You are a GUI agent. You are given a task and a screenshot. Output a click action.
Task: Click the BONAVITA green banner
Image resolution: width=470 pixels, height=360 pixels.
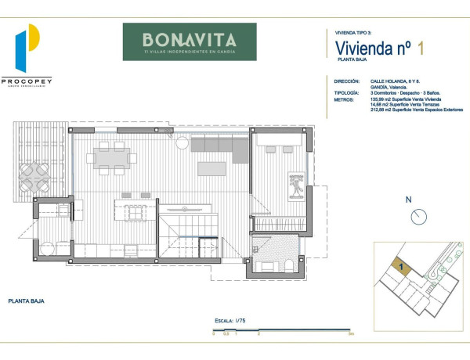pyautogui.click(x=189, y=41)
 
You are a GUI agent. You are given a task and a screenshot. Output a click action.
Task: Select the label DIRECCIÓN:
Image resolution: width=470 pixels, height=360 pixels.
pyautogui.click(x=347, y=81)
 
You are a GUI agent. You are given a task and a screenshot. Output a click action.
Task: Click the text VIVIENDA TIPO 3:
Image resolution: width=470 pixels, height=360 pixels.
pyautogui.click(x=352, y=33)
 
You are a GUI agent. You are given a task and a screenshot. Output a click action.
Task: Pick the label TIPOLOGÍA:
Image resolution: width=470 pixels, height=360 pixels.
pyautogui.click(x=347, y=92)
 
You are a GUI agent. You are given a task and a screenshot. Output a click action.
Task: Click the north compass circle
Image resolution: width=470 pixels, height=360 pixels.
pyautogui.click(x=419, y=216)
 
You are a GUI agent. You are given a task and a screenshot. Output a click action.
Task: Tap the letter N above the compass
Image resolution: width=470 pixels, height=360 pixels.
pyautogui.click(x=408, y=200)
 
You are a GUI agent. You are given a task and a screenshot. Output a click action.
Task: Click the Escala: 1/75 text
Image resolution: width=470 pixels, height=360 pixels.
pyautogui.click(x=230, y=321)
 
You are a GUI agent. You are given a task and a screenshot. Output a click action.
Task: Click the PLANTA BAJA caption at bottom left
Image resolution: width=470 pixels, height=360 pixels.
pyautogui.click(x=24, y=301)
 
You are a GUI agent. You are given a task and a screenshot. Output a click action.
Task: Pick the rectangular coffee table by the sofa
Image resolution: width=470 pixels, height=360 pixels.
pyautogui.click(x=212, y=168)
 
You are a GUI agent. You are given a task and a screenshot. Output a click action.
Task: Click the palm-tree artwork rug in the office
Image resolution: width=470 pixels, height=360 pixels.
pyautogui.click(x=298, y=185)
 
